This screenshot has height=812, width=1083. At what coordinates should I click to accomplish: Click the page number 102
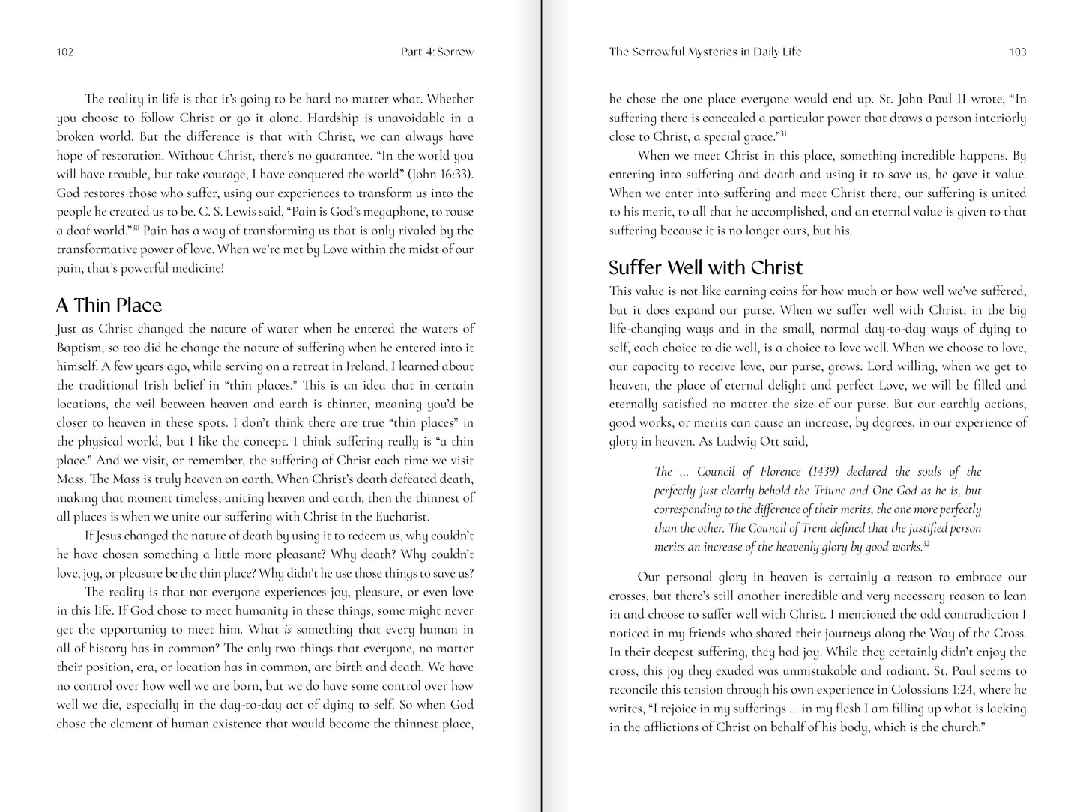pyautogui.click(x=64, y=52)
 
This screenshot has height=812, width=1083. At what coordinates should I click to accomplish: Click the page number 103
pyautogui.click(x=1018, y=52)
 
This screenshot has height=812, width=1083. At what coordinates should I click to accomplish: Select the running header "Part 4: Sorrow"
pyautogui.click(x=437, y=52)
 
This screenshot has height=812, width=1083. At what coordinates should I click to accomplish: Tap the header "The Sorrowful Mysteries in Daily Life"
pyautogui.click(x=705, y=52)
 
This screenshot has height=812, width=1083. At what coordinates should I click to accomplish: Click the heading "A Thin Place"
pyautogui.click(x=109, y=305)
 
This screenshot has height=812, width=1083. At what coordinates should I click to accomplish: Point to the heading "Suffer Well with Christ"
pyautogui.click(x=705, y=267)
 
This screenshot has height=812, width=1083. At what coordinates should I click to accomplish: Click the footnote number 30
pyautogui.click(x=136, y=227)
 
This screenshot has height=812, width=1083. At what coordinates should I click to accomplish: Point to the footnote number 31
pyautogui.click(x=782, y=133)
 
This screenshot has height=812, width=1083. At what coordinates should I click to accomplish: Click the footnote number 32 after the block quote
pyautogui.click(x=927, y=543)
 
